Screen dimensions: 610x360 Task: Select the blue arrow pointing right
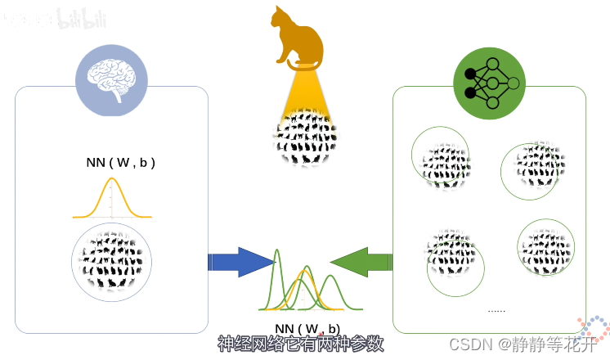click(x=240, y=262)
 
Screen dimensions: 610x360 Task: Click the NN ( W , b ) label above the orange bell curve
click(x=120, y=163)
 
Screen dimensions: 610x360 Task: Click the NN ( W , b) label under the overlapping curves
click(x=307, y=329)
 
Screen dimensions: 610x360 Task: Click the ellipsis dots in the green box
click(x=496, y=310)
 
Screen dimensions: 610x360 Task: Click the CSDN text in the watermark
click(x=469, y=344)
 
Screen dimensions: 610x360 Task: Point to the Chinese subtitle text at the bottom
click(x=300, y=344)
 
